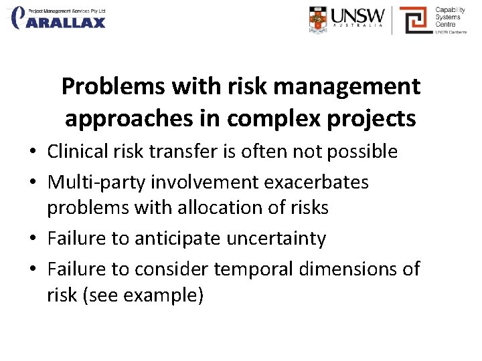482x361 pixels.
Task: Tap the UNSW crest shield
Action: click(x=319, y=19)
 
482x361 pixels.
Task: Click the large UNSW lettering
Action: click(x=359, y=16)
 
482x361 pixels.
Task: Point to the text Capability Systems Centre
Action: click(x=450, y=18)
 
